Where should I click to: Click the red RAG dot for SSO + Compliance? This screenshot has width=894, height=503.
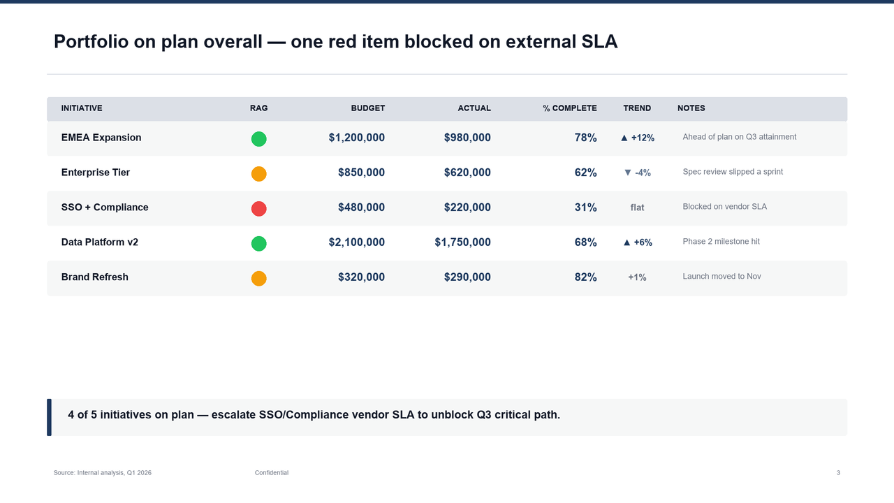click(x=258, y=208)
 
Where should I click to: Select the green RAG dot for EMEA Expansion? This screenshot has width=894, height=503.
click(x=258, y=138)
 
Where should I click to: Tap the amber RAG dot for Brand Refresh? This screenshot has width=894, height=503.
click(x=258, y=278)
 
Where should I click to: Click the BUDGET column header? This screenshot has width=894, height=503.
click(x=367, y=108)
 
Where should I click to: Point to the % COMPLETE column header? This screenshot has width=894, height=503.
click(x=569, y=108)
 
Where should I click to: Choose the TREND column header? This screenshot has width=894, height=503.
click(x=637, y=108)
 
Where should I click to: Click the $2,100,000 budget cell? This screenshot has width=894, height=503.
click(x=356, y=242)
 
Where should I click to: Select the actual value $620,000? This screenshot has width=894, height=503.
click(x=467, y=173)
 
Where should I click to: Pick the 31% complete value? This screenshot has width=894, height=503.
click(x=585, y=207)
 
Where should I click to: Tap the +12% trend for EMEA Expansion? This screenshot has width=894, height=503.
click(x=637, y=138)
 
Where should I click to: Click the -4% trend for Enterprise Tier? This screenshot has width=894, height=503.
click(x=637, y=173)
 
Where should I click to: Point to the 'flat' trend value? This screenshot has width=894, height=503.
click(x=637, y=207)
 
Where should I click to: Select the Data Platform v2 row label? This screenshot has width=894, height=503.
click(x=99, y=242)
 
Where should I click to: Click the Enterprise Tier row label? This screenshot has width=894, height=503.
click(x=96, y=173)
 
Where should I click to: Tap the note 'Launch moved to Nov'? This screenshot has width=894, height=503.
click(x=721, y=277)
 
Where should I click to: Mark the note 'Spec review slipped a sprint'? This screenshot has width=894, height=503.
click(x=733, y=172)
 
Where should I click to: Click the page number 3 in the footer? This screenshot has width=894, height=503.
click(x=838, y=473)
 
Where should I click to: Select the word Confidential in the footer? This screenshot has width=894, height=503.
click(x=271, y=473)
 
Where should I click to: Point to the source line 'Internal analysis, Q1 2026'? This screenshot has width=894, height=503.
click(x=103, y=473)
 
